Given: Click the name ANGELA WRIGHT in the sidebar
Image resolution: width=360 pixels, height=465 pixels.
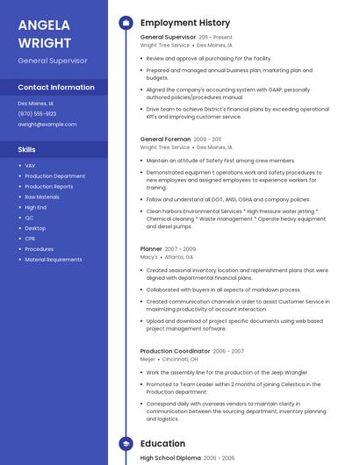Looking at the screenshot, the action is point(46,32).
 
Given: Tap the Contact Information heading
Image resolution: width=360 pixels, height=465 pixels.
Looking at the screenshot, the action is point(56,88).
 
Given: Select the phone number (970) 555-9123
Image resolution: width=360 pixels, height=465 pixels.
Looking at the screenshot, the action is point(37,114).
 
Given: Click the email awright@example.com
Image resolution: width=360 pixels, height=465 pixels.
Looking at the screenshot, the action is point(47,125).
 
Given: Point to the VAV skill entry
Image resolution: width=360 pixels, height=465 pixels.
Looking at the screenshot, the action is point(30,166).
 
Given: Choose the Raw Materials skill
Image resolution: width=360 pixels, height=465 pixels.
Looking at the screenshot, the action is point(42,197).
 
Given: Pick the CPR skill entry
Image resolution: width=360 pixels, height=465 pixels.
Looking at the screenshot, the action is point(30,239).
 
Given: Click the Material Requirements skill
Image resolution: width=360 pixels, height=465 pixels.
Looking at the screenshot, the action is point(54,260).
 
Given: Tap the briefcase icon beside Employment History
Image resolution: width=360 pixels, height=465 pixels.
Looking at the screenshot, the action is point(126,23).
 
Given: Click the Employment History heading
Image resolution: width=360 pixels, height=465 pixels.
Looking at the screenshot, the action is point(185,23).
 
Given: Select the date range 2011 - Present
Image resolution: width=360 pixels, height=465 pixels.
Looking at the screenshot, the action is point(216,38).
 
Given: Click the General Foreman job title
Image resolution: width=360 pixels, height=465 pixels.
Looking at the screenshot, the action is point(165,139).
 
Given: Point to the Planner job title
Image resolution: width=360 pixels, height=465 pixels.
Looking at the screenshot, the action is point(151,249).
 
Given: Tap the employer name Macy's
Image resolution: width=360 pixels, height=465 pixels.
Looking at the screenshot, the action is point(149,258).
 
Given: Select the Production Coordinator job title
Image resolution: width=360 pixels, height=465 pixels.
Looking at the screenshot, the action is point(175,351).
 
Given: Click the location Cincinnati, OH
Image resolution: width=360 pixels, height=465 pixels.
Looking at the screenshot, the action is point(180,359).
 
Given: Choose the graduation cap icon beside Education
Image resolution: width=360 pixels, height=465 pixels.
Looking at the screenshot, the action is point(126,444).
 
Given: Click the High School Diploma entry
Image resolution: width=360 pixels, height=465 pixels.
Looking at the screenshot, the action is point(170,458).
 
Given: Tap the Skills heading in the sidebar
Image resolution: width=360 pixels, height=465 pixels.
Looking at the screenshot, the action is point(27,150).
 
